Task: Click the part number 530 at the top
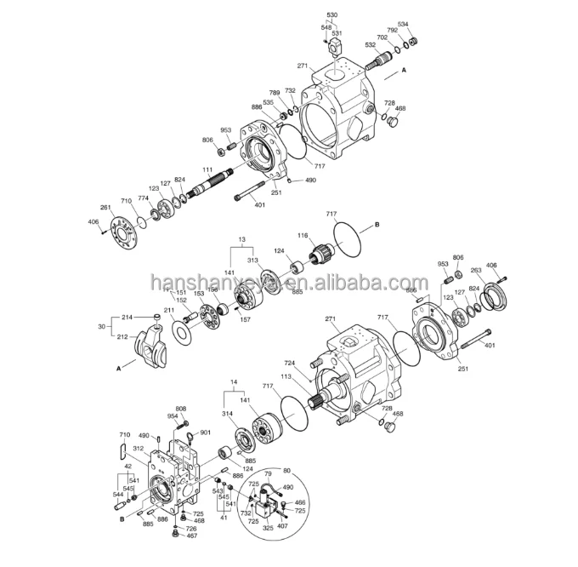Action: coord(331,15)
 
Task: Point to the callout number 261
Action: coord(105,208)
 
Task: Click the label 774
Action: coord(143,198)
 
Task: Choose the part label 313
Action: coord(252,260)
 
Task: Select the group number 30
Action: coord(101,326)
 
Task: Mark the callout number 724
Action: coord(289,363)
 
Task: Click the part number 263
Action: coord(476,270)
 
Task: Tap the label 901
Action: coord(205,432)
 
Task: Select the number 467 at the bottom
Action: coord(192,536)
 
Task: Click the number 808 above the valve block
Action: coord(181,409)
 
